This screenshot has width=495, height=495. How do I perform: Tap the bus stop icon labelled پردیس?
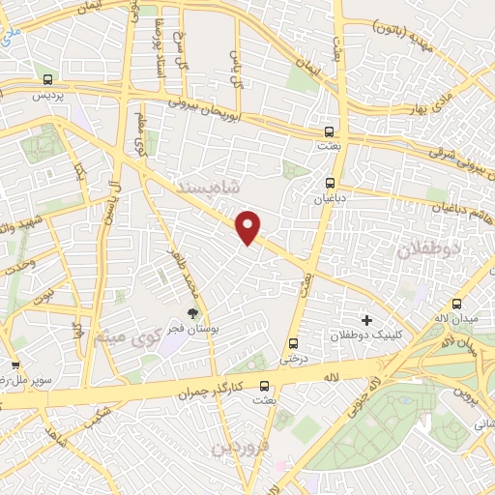tap(48, 78)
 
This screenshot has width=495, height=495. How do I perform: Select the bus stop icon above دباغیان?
tap(330, 181)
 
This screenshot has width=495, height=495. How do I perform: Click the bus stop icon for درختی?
tap(293, 343)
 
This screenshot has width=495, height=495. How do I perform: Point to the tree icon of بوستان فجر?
tap(192, 313)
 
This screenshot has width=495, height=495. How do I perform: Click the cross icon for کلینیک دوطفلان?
tap(365, 319)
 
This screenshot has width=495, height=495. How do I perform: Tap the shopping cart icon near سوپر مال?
tap(15, 365)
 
